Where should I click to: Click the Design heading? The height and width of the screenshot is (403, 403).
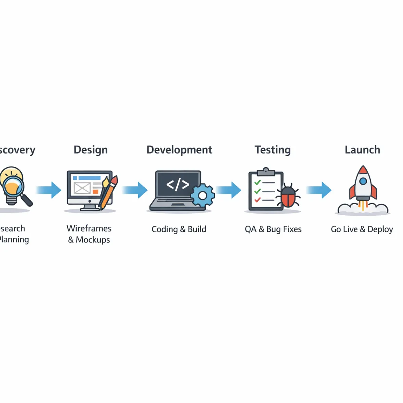pos(91,150)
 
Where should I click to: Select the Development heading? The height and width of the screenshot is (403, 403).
pos(179,150)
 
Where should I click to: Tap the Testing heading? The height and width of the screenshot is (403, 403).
pos(272,150)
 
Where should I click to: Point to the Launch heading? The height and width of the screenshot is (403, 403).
pos(362,150)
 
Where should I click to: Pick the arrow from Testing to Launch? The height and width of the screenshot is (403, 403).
pos(319,190)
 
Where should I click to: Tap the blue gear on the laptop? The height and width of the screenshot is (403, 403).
pos(203,195)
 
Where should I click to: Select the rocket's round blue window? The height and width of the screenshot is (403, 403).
pos(363,181)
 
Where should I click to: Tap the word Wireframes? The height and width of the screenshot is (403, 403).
pos(89,228)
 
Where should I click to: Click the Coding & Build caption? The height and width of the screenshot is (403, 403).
pos(179,229)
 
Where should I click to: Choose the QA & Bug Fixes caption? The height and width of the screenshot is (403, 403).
pos(273,229)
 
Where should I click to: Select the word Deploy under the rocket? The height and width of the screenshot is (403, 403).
pos(380,229)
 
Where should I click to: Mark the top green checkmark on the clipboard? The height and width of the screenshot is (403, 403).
pos(257,183)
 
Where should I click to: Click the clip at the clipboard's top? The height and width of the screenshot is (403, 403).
pos(266,172)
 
